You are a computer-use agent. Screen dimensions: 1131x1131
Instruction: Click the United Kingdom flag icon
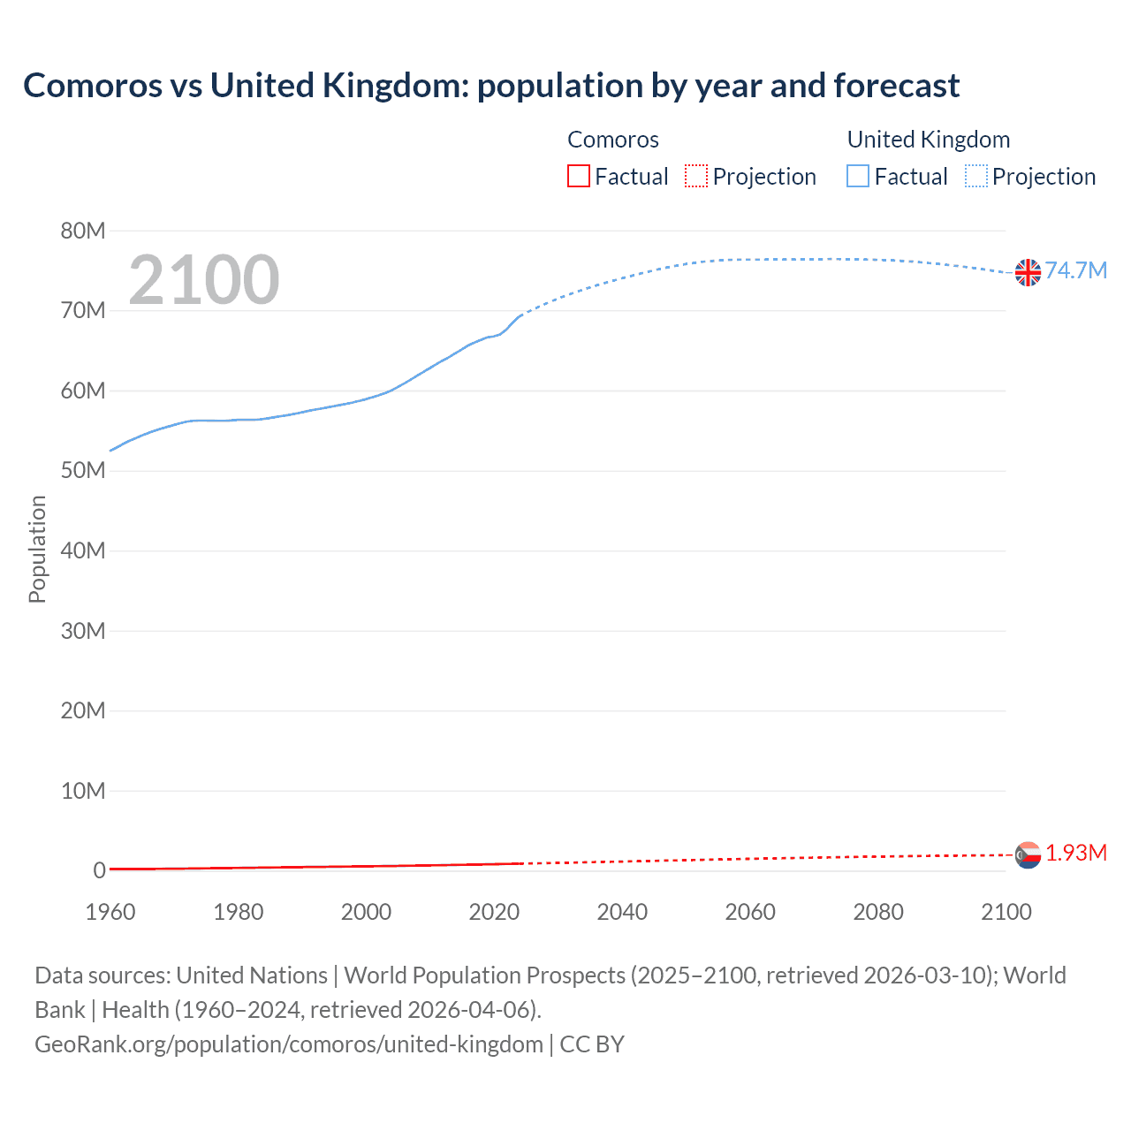1028,272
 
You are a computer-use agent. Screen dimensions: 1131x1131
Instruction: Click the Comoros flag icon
1028,854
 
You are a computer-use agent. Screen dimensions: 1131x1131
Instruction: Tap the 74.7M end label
1075,270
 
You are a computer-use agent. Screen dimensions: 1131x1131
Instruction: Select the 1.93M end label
1075,853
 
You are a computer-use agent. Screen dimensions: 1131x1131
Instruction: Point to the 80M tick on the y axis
82,231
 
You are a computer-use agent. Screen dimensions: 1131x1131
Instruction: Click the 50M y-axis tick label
82,470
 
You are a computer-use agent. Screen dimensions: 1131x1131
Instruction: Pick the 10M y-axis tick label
82,790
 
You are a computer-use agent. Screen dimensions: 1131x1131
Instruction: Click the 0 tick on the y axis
99,870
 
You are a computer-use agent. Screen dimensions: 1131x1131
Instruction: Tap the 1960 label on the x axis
110,912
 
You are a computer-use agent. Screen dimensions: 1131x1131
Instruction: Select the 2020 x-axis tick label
494,912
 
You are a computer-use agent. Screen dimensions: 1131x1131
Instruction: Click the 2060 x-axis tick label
750,912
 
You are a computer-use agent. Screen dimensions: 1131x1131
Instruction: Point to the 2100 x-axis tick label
1006,912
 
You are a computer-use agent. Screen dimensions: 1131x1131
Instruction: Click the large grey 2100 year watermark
204,280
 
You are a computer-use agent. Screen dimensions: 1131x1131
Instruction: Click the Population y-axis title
37,549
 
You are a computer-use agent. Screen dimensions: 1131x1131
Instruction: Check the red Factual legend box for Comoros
578,176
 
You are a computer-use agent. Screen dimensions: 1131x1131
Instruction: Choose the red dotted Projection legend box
696,176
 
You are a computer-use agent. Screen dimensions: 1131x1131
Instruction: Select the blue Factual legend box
857,176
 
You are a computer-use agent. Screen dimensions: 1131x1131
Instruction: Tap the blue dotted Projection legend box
975,176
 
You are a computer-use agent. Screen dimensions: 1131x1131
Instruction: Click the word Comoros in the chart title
93,86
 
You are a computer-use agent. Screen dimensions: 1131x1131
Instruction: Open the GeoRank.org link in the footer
288,1044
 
